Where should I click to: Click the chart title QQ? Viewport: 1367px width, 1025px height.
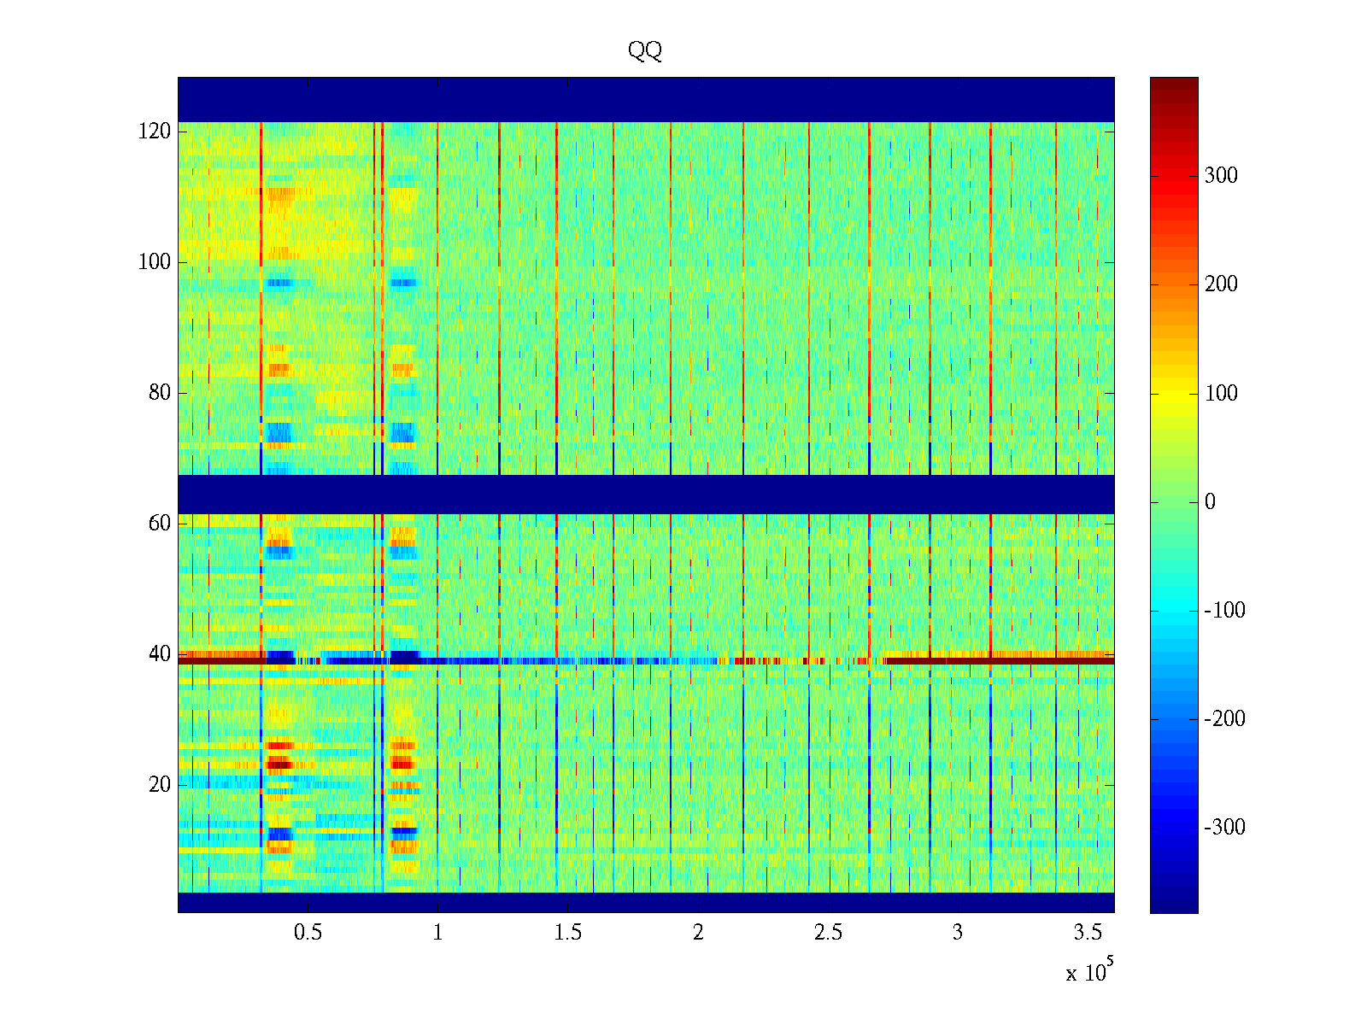click(x=645, y=51)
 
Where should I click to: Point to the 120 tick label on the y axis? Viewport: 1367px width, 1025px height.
click(x=155, y=131)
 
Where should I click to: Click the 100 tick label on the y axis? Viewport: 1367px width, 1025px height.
click(x=155, y=261)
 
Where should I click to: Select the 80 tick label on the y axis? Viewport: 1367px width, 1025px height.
click(x=160, y=393)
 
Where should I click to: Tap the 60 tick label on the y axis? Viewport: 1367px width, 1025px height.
click(x=160, y=523)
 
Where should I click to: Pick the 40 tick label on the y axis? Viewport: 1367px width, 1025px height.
click(x=160, y=654)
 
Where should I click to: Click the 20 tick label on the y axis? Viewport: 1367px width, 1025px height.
click(x=160, y=784)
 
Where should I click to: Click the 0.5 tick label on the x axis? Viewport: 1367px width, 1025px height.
click(x=308, y=932)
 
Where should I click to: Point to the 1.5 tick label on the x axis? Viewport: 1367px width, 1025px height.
click(x=568, y=932)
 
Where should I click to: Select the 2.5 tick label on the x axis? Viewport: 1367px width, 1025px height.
click(x=828, y=932)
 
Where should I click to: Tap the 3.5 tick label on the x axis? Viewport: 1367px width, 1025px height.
click(x=1088, y=932)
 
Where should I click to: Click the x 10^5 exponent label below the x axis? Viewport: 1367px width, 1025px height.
click(x=1089, y=972)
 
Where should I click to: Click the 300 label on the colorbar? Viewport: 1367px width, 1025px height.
click(x=1221, y=176)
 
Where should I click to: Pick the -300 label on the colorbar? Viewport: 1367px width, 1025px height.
click(x=1224, y=828)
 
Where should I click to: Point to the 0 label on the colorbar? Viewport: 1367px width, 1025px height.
click(x=1210, y=501)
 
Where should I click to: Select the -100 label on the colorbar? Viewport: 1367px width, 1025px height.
click(x=1224, y=610)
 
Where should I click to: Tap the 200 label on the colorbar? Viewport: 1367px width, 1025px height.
click(x=1221, y=284)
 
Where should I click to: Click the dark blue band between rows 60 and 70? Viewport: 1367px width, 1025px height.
click(x=646, y=494)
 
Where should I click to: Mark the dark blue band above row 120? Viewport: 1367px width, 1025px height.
click(x=646, y=99)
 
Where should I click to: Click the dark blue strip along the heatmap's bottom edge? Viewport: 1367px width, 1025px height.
click(x=646, y=902)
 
